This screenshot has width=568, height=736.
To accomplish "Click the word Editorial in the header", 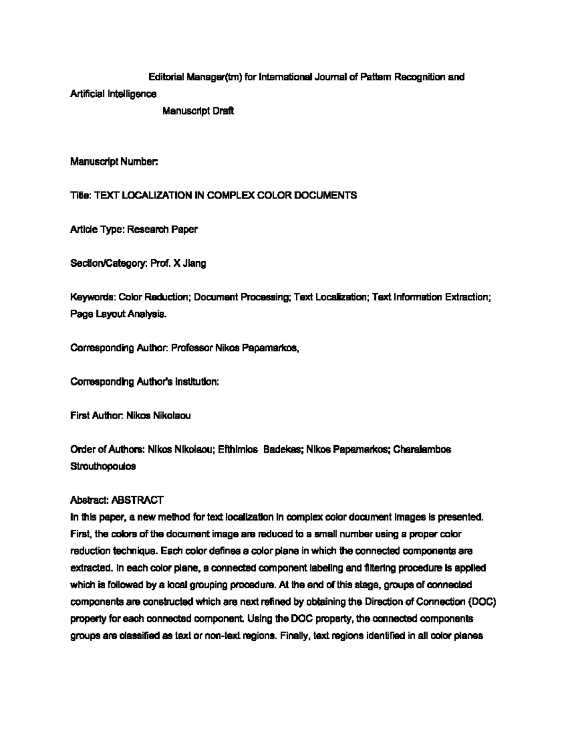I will (x=166, y=77).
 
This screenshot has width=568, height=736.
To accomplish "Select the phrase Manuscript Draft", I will (x=198, y=111).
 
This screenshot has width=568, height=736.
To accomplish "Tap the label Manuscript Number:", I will (x=114, y=162).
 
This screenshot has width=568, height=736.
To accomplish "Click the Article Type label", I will (x=97, y=229).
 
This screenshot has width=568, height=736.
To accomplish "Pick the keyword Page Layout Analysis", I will (x=118, y=314).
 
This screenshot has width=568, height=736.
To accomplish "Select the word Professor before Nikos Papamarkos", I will (x=192, y=348).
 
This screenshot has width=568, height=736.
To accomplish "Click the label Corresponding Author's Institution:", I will (x=144, y=382).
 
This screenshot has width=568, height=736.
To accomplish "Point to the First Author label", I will (x=97, y=416).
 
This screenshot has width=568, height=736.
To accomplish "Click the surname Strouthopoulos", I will (x=103, y=466).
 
